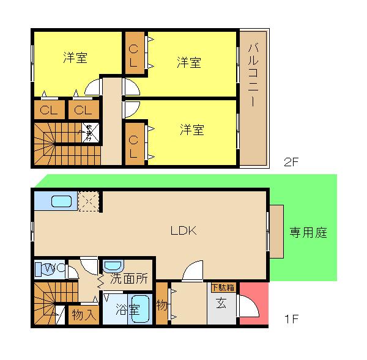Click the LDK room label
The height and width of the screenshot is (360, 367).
[x=182, y=230]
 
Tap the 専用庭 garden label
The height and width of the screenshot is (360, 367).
[x=308, y=232]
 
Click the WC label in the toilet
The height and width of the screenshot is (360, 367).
[x=50, y=267]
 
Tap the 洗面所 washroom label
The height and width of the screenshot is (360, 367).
[x=128, y=279]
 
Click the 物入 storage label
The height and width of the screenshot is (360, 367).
[x=83, y=315]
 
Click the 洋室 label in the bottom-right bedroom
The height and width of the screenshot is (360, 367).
[x=191, y=130]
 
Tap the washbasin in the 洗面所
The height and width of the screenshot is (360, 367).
[x=113, y=266]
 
